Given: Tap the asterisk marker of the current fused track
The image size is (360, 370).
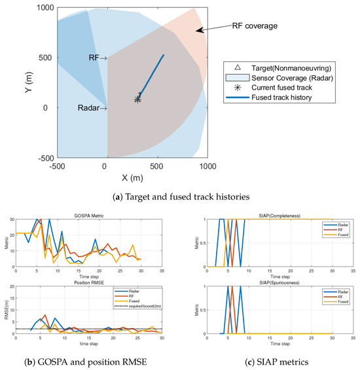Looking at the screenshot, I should (138, 99).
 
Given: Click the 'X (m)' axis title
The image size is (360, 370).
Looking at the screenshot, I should (132, 177).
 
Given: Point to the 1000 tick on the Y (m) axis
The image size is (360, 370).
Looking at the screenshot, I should (45, 8).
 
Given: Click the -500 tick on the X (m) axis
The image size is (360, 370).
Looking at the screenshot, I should (57, 167).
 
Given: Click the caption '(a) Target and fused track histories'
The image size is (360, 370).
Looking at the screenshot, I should (180, 194).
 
